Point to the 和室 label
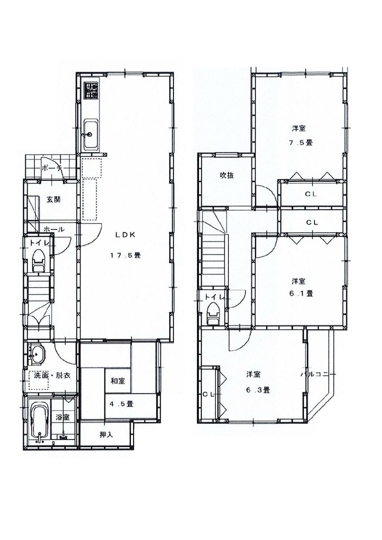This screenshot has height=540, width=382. (118, 381)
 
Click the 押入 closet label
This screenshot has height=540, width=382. (106, 434)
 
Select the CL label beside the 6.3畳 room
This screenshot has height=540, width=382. (208, 394)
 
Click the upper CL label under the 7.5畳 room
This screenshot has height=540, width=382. (311, 194)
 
